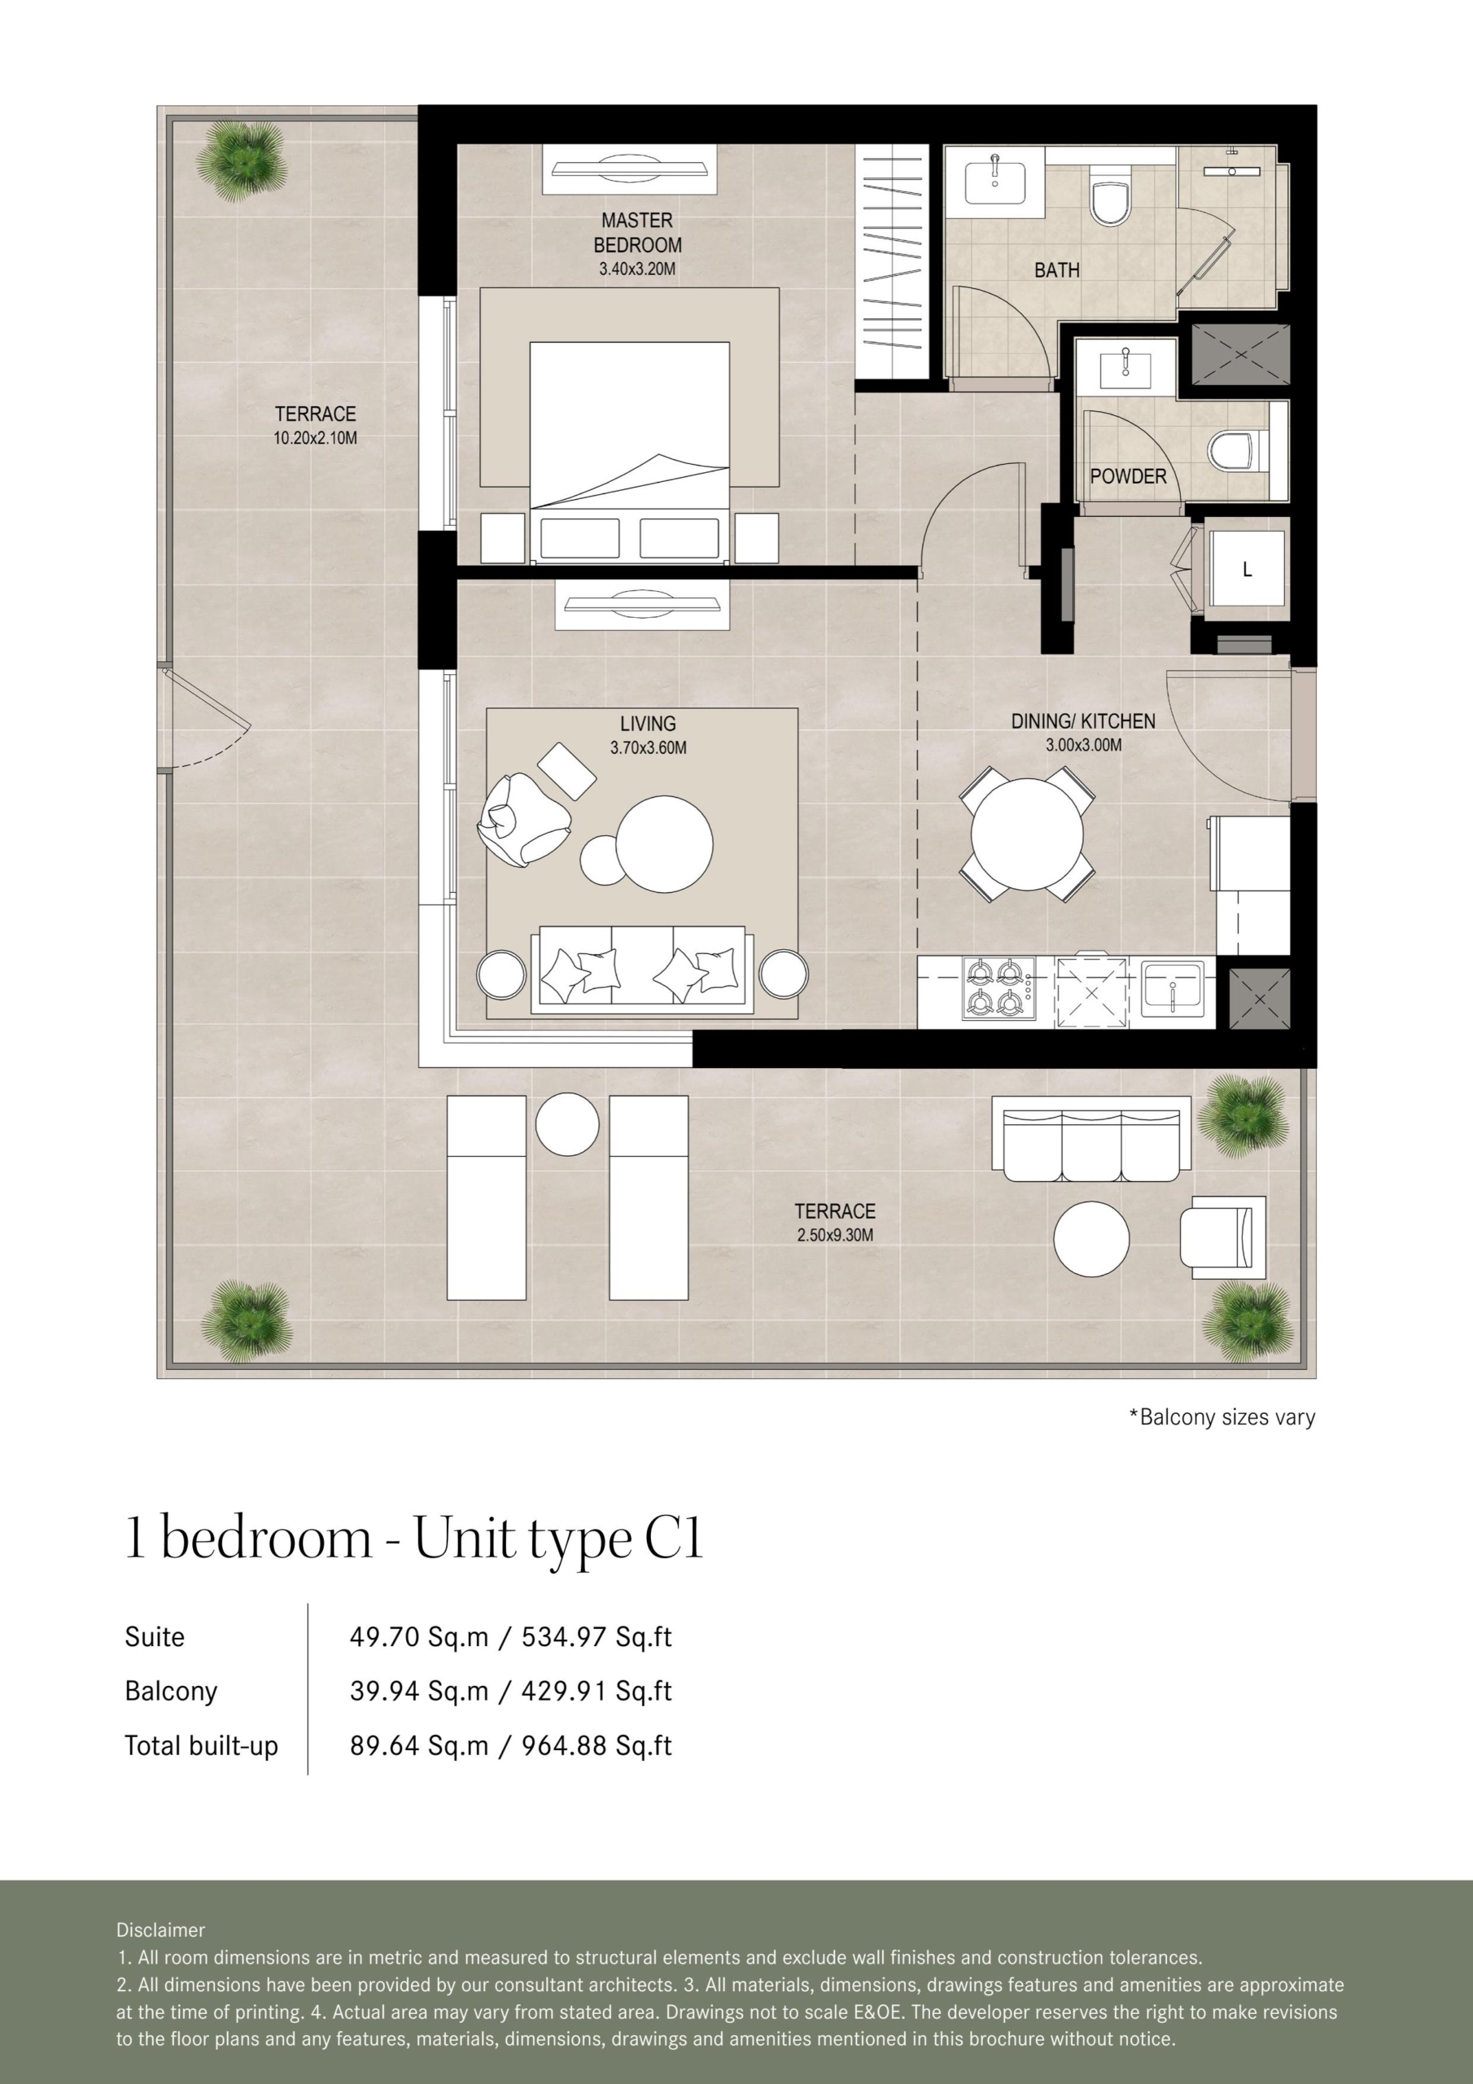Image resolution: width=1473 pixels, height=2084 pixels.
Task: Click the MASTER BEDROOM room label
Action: (637, 232)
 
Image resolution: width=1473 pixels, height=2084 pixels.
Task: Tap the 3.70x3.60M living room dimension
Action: (648, 748)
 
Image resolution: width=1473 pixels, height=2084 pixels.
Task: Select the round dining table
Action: (1026, 834)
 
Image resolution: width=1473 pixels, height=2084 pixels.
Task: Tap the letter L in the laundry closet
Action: (1247, 569)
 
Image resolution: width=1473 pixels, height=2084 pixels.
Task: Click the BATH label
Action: (1056, 269)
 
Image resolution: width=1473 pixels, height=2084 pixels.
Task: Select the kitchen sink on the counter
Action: (1172, 988)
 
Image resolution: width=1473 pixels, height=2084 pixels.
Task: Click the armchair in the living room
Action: (522, 818)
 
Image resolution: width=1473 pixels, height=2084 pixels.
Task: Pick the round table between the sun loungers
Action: (567, 1123)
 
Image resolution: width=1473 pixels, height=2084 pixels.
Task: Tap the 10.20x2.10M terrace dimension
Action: (315, 437)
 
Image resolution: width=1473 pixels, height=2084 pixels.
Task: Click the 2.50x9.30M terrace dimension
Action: (835, 1234)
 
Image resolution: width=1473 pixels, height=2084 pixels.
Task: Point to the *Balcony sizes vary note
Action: (1222, 1416)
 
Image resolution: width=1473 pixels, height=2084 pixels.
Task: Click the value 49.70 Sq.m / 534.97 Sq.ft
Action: (511, 1636)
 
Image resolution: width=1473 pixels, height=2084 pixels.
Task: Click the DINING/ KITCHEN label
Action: (1084, 720)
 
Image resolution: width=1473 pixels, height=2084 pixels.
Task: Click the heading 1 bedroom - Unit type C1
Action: (414, 1539)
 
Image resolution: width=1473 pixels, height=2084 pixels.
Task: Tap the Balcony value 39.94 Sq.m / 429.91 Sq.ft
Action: (511, 1691)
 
